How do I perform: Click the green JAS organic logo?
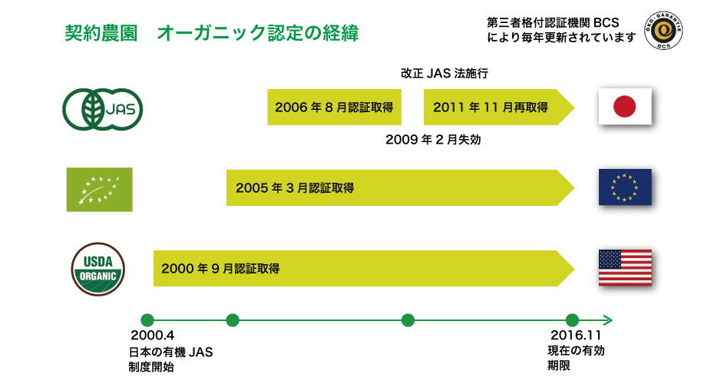click(102, 109)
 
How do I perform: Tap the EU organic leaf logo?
click(99, 190)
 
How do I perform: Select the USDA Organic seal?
click(98, 270)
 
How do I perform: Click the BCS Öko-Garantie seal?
click(663, 31)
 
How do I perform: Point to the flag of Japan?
click(625, 106)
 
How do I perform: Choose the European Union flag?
click(625, 187)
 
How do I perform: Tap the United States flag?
click(625, 268)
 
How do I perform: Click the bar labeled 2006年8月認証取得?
click(334, 107)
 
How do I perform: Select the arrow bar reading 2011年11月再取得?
click(499, 107)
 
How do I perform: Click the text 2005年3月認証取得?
click(295, 187)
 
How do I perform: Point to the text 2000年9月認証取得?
click(220, 268)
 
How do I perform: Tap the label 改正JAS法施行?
click(445, 73)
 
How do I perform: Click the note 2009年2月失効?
click(433, 139)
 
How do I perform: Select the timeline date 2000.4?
click(152, 336)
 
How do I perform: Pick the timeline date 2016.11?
click(576, 336)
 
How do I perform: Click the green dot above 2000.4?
click(147, 320)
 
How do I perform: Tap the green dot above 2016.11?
click(572, 320)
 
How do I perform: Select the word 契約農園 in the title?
click(101, 33)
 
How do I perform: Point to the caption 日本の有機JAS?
click(170, 352)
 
